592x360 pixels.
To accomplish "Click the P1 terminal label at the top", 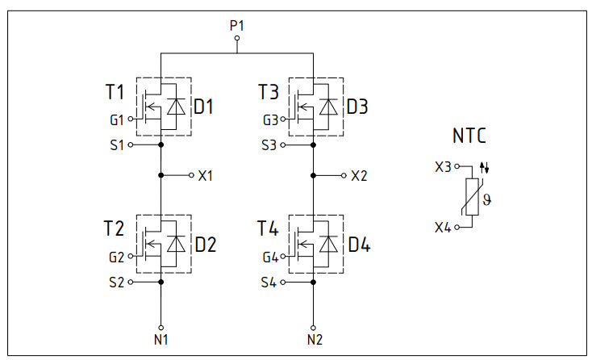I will [236, 26].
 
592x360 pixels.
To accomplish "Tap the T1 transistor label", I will [115, 92].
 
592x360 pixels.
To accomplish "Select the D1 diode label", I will [204, 107].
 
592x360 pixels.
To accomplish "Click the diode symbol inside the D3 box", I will [328, 107].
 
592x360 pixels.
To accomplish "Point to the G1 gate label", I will [117, 119].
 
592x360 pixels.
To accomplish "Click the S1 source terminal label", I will [117, 145].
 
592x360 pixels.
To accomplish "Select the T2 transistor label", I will [115, 229].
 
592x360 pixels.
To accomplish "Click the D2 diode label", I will [205, 244].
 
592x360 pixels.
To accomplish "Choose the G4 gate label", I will [271, 257].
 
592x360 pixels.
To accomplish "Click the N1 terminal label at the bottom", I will [161, 338].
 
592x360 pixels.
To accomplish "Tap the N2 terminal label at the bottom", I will [315, 338].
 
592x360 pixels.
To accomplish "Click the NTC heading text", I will [469, 136].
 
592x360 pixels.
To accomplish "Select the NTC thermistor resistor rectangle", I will [473, 197].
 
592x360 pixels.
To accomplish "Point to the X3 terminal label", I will [443, 167].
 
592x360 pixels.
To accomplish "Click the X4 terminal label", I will [443, 228].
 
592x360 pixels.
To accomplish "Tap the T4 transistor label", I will [269, 229].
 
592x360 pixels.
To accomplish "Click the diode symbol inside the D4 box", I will [328, 244].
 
